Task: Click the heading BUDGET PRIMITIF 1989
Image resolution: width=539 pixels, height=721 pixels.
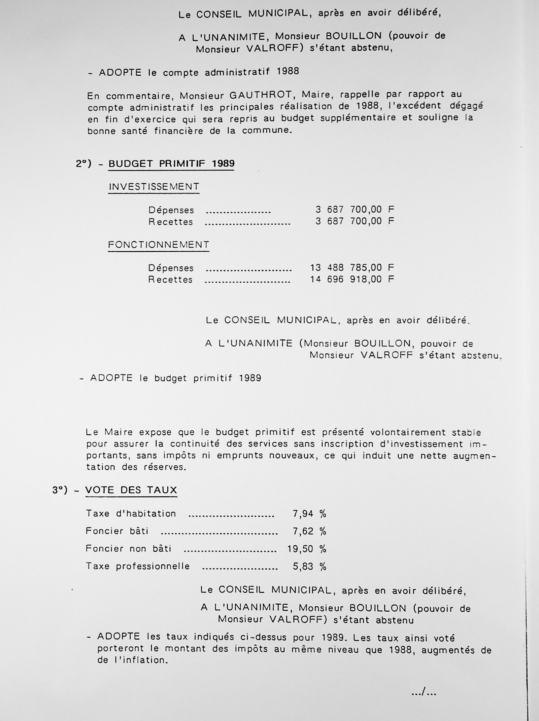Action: [171, 164]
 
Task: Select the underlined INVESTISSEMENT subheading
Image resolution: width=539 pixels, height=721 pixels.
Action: [154, 187]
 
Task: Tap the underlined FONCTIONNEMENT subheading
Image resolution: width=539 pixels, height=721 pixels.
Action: [159, 245]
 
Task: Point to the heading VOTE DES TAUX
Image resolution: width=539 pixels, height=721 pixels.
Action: [131, 490]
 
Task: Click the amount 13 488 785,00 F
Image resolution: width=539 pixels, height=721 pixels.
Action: [352, 268]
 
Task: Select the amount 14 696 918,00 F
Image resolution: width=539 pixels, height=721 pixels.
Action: [352, 279]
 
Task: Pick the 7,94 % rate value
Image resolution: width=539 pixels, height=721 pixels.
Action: [309, 514]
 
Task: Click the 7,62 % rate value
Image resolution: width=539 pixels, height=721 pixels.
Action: [309, 531]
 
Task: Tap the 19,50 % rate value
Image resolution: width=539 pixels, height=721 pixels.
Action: [307, 549]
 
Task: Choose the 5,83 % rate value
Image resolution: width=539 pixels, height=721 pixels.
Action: [309, 567]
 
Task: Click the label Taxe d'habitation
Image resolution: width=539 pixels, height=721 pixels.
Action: [131, 514]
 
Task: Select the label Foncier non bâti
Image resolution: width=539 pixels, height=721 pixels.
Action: [128, 549]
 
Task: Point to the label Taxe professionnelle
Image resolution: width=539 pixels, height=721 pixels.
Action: [138, 566]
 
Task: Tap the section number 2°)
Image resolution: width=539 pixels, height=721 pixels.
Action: [83, 164]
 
